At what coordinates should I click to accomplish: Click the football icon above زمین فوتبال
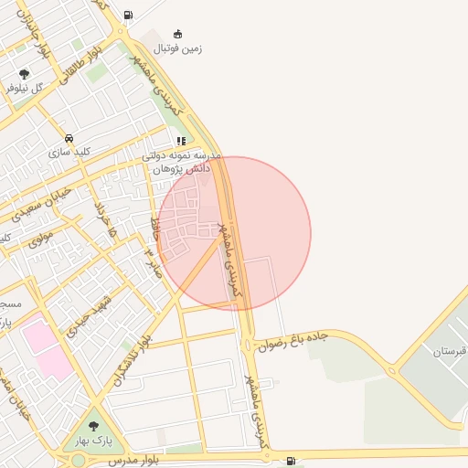177,34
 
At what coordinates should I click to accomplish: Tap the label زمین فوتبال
177,48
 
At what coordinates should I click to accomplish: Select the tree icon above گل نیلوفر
24,74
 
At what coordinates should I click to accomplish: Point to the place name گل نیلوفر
25,88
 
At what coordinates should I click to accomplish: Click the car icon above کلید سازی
69,138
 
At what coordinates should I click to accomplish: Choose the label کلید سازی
70,152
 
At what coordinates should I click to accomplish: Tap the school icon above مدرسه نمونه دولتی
181,142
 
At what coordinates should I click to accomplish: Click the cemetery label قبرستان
450,351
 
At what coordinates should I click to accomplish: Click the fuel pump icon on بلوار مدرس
291,460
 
